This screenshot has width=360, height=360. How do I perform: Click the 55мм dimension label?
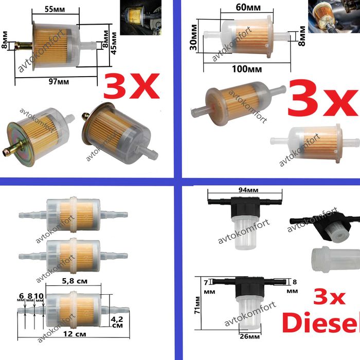coord(55,9)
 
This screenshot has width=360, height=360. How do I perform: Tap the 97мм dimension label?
coord(59,81)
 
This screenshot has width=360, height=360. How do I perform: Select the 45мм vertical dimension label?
coord(113,43)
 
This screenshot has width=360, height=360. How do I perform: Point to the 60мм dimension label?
coord(248,8)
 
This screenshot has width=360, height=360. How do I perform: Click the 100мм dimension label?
coord(247,69)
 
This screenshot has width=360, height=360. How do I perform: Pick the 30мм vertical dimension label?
coord(193,38)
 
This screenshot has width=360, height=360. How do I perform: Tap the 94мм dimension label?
coord(248,190)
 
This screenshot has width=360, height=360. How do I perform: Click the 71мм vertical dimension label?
coord(197,305)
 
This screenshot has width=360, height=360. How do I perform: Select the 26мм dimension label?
coord(250,336)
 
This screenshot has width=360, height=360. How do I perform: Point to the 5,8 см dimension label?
coord(75,281)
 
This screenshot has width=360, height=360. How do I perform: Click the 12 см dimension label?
coord(75,334)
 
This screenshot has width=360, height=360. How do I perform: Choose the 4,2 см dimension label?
coord(117,322)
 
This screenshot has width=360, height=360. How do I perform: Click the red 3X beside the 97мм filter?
coord(131,86)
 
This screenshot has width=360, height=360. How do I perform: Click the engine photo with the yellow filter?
coord(140,17)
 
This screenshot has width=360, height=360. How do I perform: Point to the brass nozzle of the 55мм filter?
coord(24,46)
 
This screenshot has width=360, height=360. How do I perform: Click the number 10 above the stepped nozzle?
coord(39,296)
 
